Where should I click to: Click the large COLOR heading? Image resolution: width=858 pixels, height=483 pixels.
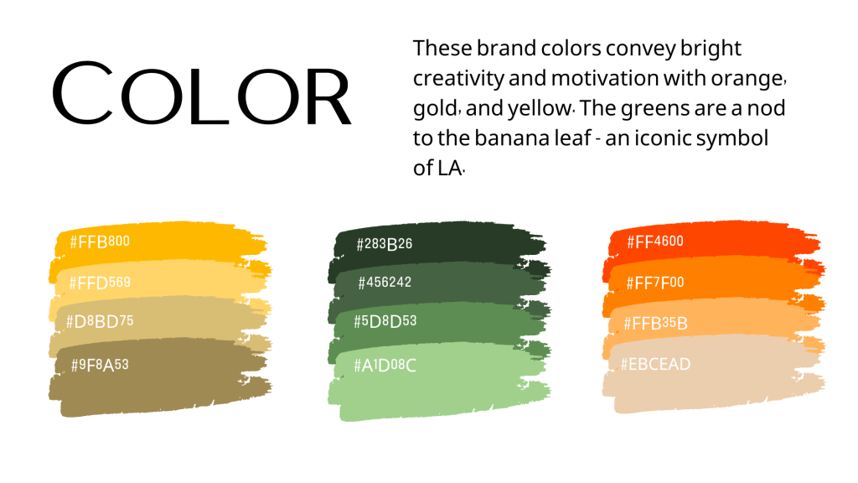[201, 93]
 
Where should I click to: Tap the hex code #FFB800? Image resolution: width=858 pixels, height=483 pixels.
[100, 241]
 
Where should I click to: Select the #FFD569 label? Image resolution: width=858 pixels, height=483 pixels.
[100, 283]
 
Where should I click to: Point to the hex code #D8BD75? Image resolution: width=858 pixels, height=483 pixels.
[100, 321]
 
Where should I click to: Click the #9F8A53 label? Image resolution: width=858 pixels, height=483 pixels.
[100, 365]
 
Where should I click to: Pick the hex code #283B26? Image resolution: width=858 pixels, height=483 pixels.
[384, 244]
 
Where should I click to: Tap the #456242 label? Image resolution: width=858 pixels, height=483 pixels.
[385, 283]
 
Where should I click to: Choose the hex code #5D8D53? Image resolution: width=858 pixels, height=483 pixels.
[385, 321]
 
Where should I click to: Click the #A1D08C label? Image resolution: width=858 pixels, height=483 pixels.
[385, 366]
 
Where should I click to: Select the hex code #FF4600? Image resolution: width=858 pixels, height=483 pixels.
[655, 241]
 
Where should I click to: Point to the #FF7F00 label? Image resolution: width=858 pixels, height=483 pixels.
[655, 283]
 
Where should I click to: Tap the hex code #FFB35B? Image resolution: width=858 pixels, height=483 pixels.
[655, 323]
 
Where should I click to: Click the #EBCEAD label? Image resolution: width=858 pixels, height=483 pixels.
[655, 364]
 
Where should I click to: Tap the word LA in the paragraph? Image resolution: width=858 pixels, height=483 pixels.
[448, 168]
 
